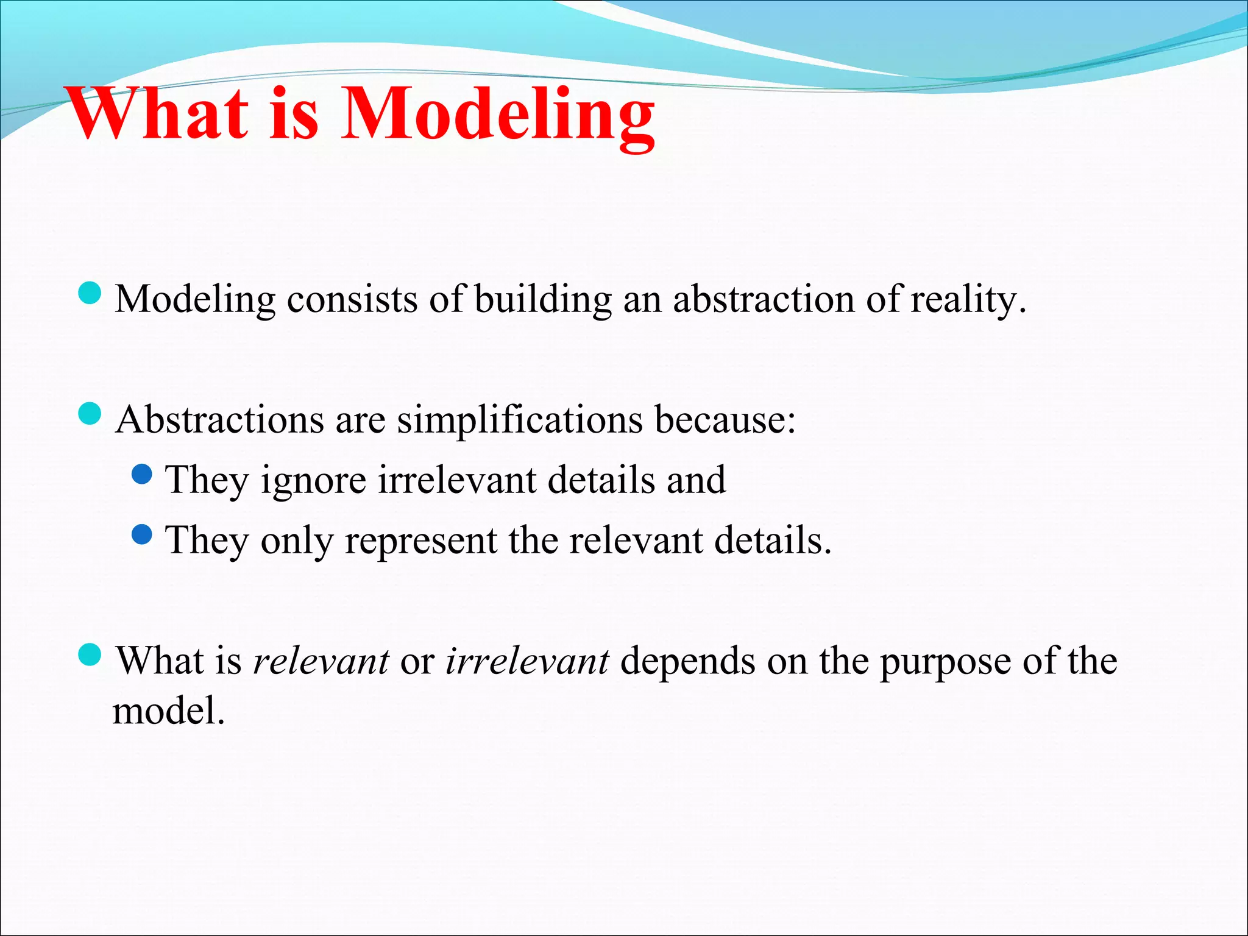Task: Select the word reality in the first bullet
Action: click(x=968, y=300)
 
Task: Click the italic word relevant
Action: click(x=321, y=661)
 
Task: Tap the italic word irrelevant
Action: click(x=527, y=661)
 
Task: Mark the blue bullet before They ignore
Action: click(x=142, y=473)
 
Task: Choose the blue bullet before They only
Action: click(x=142, y=534)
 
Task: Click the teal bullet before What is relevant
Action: click(x=90, y=655)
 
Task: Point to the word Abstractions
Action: click(x=219, y=420)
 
